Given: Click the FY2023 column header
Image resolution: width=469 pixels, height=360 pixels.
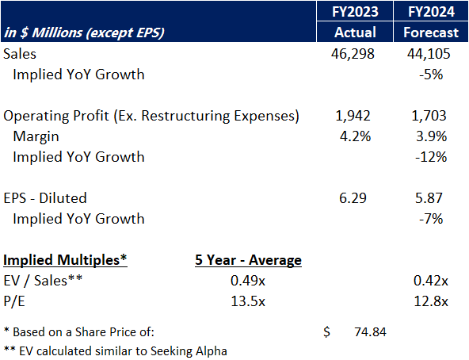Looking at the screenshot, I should coord(349,12).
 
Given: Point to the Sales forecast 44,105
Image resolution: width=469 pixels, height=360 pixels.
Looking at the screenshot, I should coord(431,54).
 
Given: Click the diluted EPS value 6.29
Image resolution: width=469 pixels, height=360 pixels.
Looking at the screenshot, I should coord(353,198).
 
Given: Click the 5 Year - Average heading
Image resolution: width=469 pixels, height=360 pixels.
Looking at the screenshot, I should coord(248,260).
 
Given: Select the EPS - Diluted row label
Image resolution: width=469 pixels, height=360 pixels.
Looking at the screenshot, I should coord(45,198).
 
